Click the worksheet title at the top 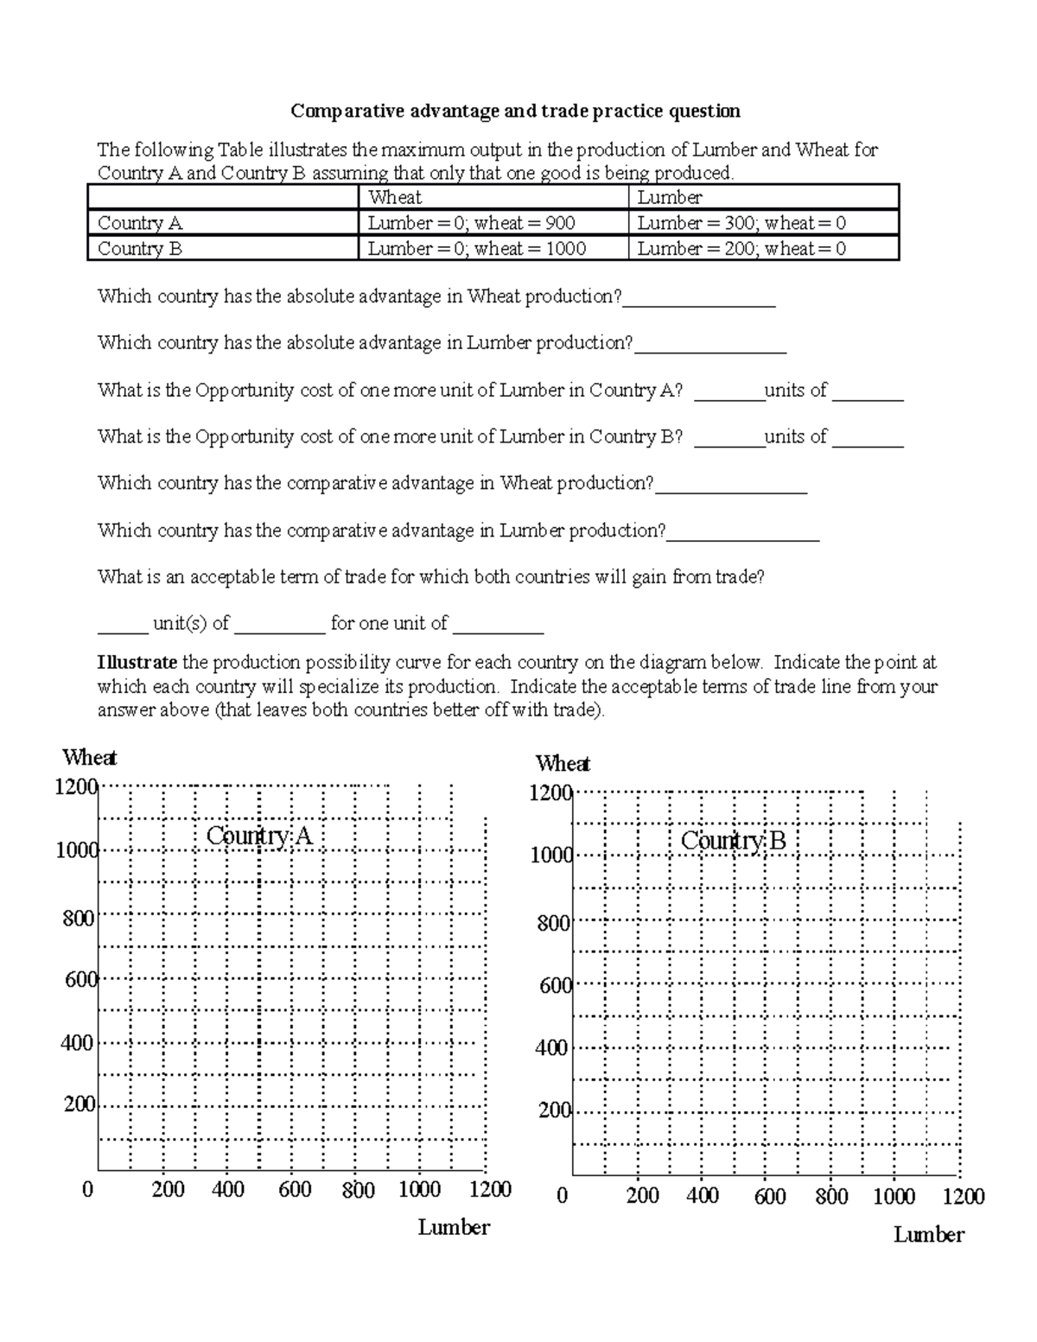(515, 111)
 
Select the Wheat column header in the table (395, 197)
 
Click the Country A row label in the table (140, 223)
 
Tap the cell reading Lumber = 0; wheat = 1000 (476, 249)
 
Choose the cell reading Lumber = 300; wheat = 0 (741, 223)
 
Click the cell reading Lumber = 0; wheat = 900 (471, 223)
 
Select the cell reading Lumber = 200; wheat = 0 (741, 249)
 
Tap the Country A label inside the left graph (258, 836)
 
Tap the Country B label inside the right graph (733, 840)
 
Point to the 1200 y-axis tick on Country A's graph (75, 786)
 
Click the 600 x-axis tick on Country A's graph (295, 1190)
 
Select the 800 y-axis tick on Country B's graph (553, 923)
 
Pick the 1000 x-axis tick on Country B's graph (894, 1196)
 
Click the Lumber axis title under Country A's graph (454, 1227)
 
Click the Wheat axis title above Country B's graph (563, 763)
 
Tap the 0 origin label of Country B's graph (563, 1196)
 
